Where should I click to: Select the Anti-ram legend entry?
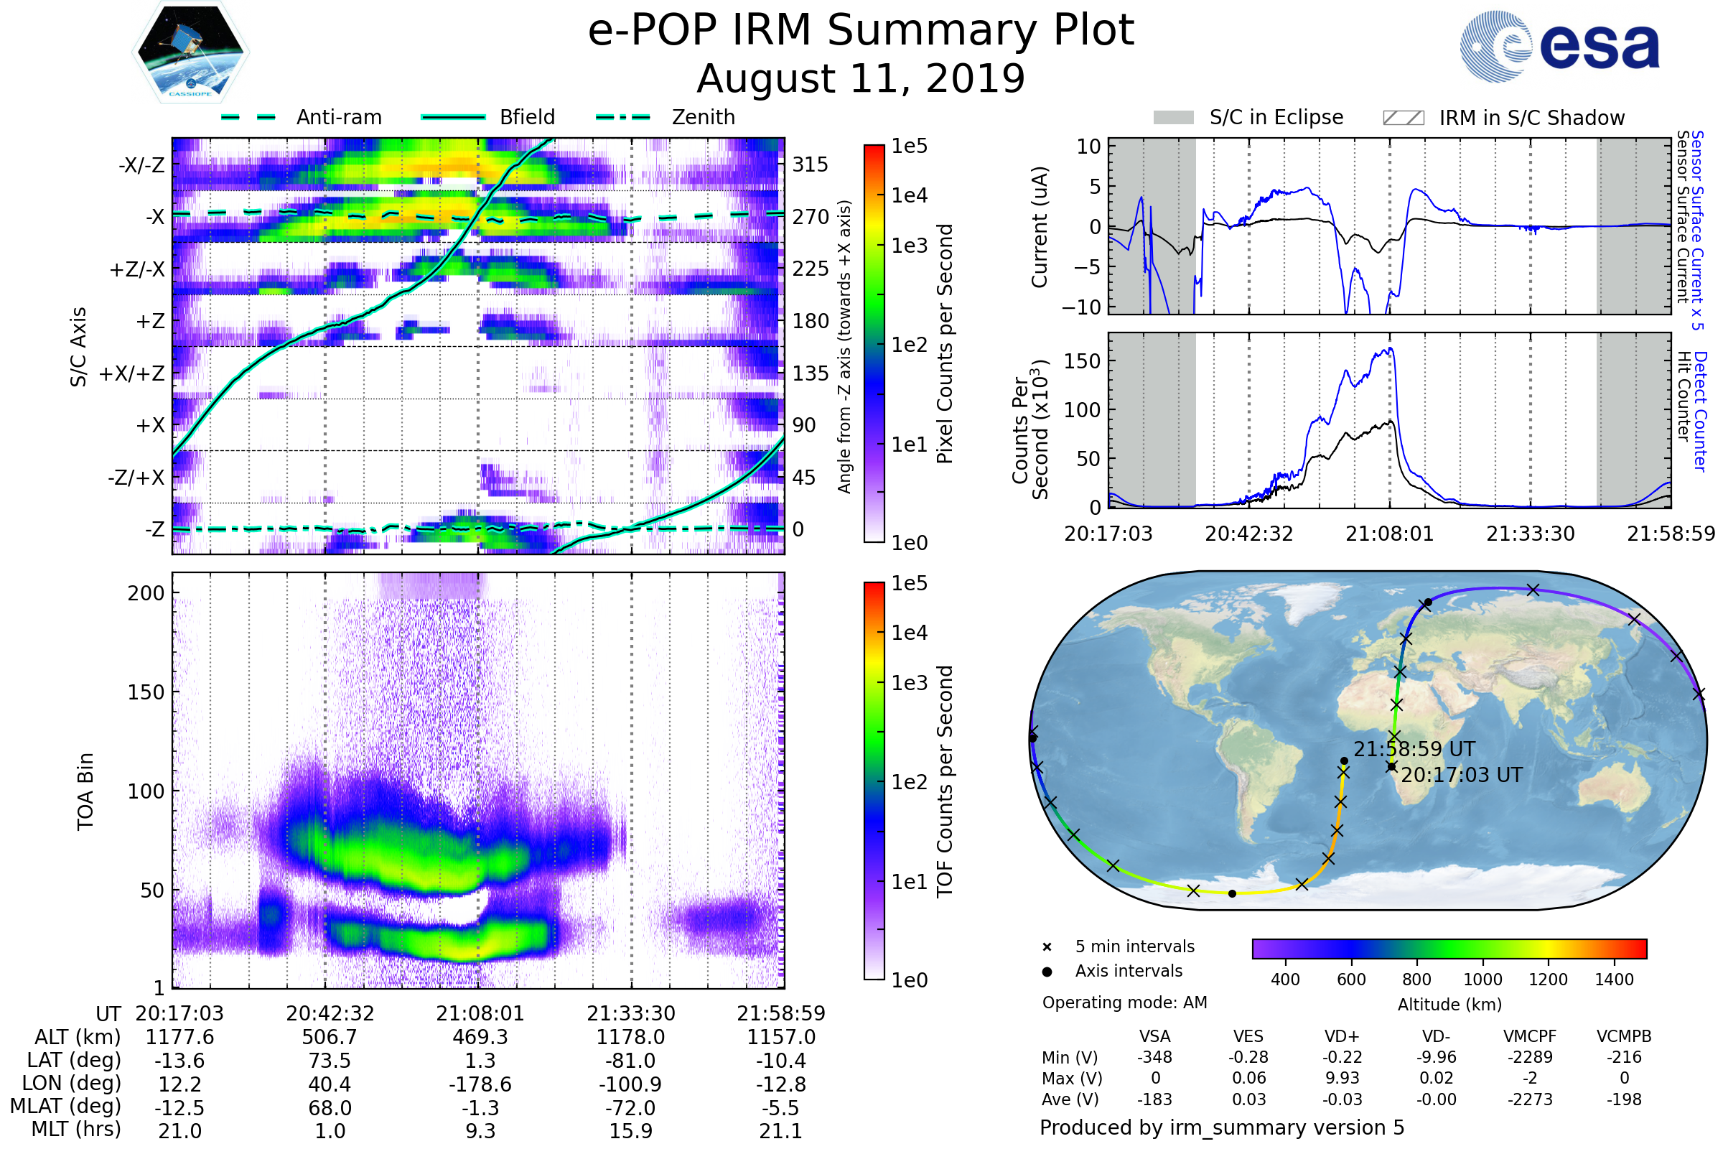[x=338, y=117]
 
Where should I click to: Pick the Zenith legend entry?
[x=703, y=117]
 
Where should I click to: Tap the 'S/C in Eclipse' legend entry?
[x=1276, y=117]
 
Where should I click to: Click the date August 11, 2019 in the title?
[x=861, y=78]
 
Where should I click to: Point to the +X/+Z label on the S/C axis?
[x=132, y=373]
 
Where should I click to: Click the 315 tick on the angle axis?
[x=811, y=164]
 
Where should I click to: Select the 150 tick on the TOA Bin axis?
[x=146, y=692]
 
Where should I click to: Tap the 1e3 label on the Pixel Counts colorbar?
[x=909, y=246]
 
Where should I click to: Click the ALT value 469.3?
[x=480, y=1037]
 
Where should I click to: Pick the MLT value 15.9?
[x=631, y=1130]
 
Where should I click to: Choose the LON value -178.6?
[x=480, y=1084]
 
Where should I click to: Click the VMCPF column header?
[x=1530, y=1036]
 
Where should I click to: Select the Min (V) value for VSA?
[x=1154, y=1057]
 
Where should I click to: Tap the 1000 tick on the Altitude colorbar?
[x=1482, y=980]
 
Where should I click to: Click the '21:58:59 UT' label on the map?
[x=1414, y=749]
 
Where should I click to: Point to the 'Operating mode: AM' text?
[x=1124, y=1003]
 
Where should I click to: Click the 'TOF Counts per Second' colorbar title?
[x=945, y=781]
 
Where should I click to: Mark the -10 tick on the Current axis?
[x=1081, y=307]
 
